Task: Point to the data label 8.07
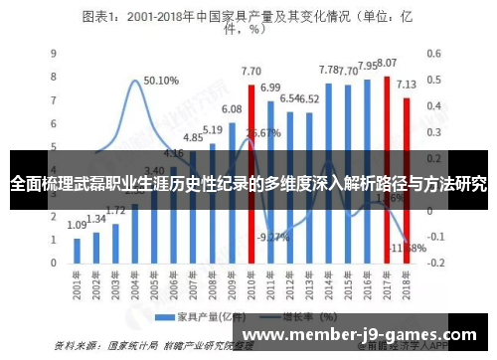[387, 63]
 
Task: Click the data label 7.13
[407, 85]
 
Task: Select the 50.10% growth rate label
[161, 81]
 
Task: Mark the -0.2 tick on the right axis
[434, 264]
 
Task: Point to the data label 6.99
[270, 88]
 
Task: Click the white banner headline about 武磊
[248, 184]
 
